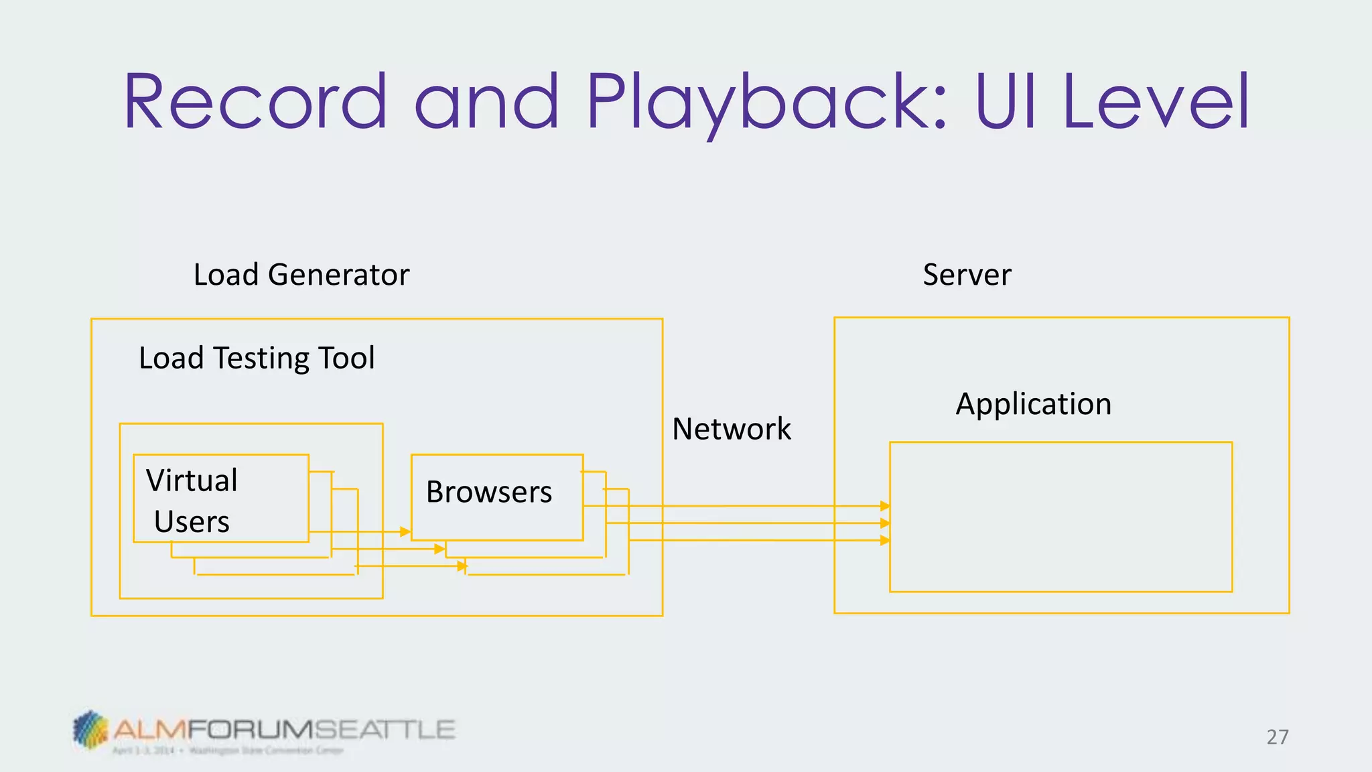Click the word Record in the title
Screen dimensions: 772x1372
pos(255,102)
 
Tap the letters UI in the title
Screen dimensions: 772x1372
pos(1006,102)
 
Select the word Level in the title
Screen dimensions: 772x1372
pos(1156,102)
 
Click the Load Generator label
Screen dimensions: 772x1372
pos(301,275)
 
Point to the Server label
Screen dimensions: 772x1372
pos(967,275)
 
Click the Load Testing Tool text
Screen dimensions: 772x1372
pos(257,358)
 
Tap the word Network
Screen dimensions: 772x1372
pos(732,429)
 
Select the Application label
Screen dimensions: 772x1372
pos(1033,404)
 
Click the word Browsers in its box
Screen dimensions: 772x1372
pos(489,493)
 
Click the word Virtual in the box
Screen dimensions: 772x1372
pos(192,480)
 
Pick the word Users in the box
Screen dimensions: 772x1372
pos(192,522)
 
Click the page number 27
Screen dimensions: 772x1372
pos(1277,737)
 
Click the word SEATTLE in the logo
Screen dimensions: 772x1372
pos(385,729)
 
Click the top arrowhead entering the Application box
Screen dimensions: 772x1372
pos(885,506)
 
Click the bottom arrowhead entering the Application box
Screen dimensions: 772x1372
pos(885,540)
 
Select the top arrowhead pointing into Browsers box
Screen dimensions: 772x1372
pos(405,531)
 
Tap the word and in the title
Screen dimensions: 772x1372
pos(486,102)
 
